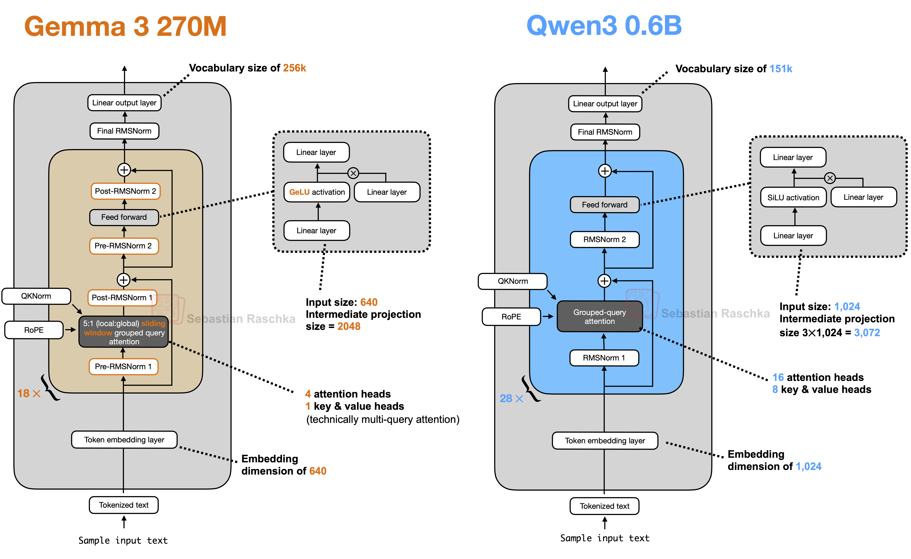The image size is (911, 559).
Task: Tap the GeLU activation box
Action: coord(317,192)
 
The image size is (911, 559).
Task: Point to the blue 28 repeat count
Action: coord(506,398)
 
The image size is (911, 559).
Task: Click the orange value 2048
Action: coord(349,326)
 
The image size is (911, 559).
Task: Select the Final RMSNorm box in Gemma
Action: coord(124,131)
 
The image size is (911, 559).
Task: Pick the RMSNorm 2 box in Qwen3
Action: coord(605,239)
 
